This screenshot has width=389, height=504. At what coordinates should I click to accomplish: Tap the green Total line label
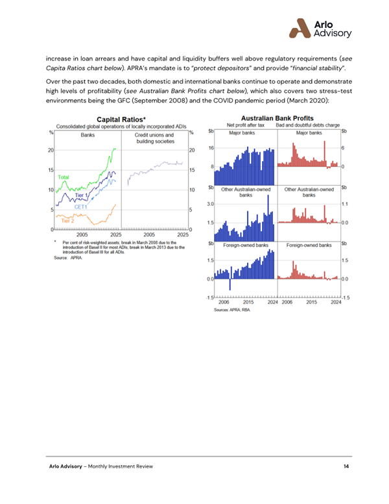[x=64, y=177]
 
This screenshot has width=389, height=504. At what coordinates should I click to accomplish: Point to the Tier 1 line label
[x=81, y=195]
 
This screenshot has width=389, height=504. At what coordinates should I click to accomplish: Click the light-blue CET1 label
[x=80, y=207]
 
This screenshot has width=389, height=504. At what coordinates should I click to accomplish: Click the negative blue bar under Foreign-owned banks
[x=231, y=284]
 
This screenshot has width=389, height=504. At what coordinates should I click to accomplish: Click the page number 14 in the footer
[x=346, y=467]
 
